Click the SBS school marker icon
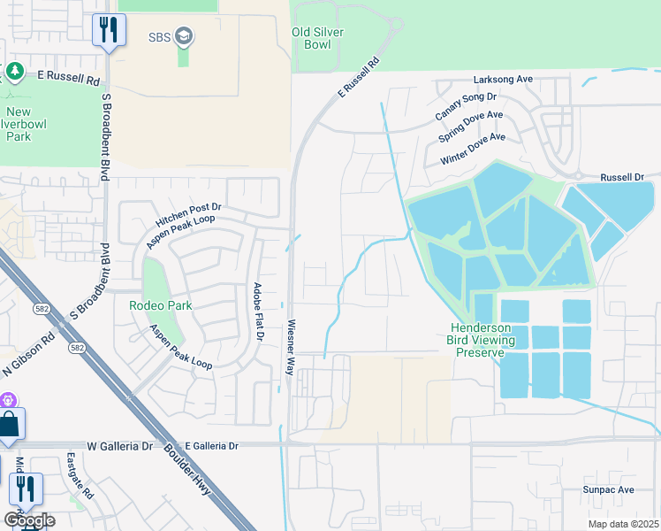[185, 36]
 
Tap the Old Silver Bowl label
[317, 39]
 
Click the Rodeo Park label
[160, 305]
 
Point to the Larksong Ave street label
[503, 80]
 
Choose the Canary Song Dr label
[466, 106]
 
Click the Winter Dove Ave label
[473, 150]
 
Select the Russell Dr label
[622, 178]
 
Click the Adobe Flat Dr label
[258, 312]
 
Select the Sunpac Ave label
[608, 489]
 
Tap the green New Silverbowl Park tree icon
[13, 71]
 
